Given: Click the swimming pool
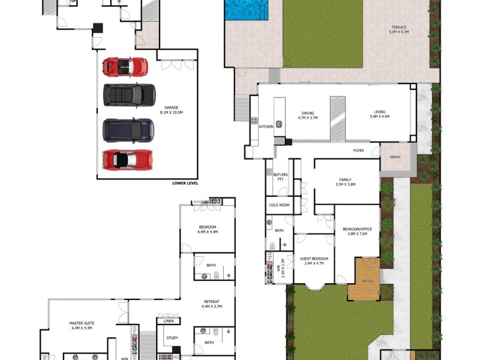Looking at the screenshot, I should [x=246, y=10].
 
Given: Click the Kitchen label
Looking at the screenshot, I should [x=266, y=127].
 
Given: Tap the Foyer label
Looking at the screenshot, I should [x=359, y=151].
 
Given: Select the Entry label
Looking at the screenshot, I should [x=395, y=157].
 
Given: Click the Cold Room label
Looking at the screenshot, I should [x=280, y=205].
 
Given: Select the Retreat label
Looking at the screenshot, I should [x=211, y=304].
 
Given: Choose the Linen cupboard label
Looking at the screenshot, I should [x=167, y=321].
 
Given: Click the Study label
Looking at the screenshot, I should [x=172, y=338].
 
